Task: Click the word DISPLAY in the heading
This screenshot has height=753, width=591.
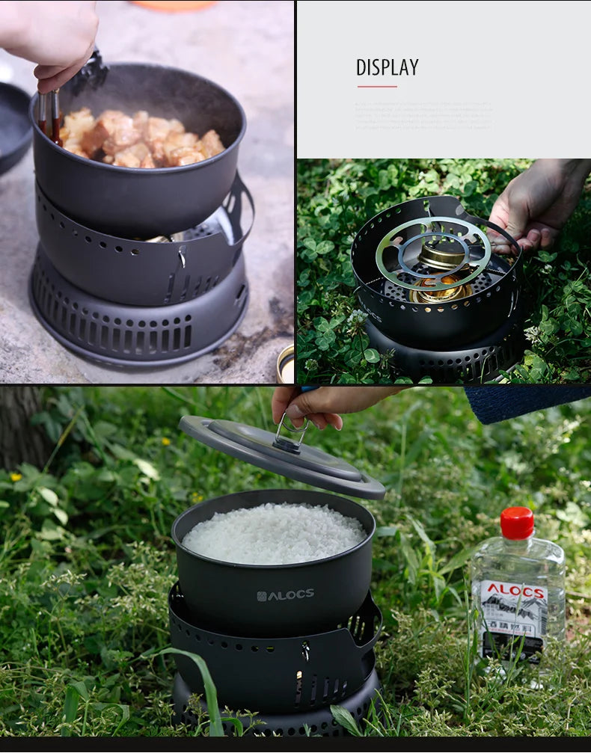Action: tap(387, 67)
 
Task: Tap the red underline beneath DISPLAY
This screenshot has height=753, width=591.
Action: tap(376, 87)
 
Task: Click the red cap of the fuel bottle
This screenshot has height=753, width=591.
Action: tap(517, 523)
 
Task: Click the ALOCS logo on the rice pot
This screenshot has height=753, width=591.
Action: tap(285, 595)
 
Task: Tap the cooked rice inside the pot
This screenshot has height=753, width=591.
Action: tap(275, 533)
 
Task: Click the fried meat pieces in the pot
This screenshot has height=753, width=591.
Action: tap(142, 138)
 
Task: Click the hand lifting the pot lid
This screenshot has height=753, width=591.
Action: tap(322, 405)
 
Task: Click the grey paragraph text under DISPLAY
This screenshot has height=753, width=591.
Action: tap(423, 116)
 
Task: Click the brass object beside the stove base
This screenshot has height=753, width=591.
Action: tap(285, 364)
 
